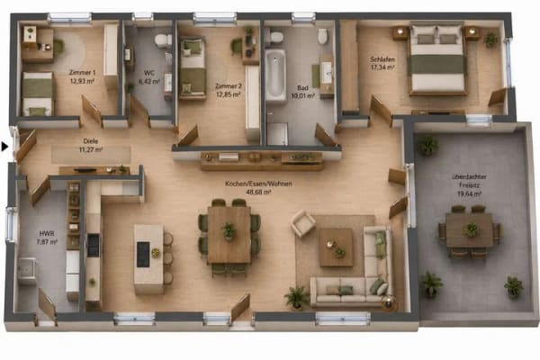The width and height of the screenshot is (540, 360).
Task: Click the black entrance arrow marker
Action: click(4, 147)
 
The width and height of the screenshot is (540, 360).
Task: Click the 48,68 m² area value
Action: click(258, 193)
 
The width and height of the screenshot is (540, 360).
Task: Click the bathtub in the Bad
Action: click(275, 75)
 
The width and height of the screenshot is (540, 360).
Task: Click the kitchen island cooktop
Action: click(143, 254)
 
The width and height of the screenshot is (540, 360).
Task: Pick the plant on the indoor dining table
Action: click(229, 230)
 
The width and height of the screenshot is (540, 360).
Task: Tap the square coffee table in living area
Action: click(336, 247)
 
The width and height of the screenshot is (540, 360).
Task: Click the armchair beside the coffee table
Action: click(303, 223)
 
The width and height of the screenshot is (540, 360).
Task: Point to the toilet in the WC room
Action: click(163, 40)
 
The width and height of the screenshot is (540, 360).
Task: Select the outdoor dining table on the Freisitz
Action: click(469, 230)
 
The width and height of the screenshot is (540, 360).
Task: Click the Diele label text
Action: click(91, 141)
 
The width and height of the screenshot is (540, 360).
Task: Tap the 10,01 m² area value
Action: click(303, 96)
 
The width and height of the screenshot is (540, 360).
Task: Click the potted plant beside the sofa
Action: click(296, 297)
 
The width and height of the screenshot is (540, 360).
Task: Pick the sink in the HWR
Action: click(26, 270)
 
